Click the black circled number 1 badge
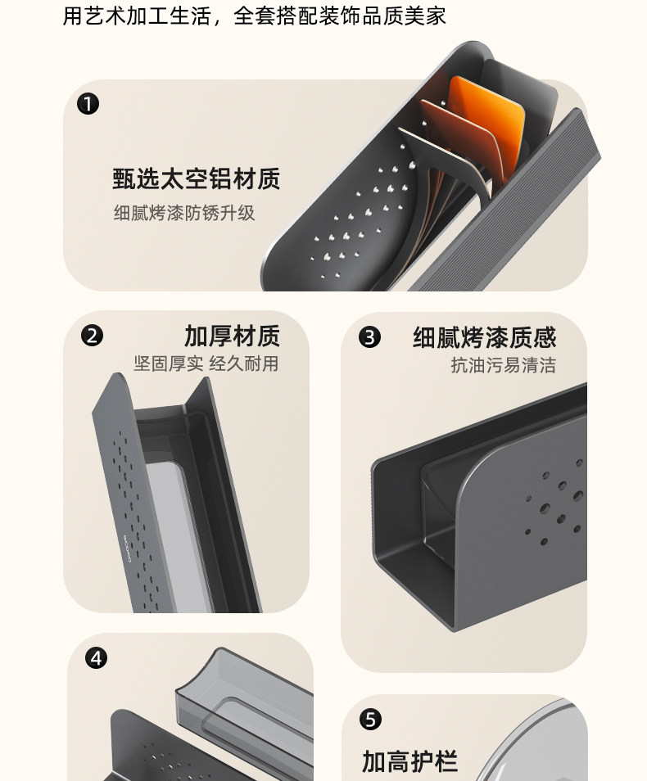(88, 104)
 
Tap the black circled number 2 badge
(93, 335)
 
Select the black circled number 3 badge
(369, 337)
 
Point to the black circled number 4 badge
(96, 658)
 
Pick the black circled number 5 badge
(370, 720)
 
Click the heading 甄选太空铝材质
(197, 178)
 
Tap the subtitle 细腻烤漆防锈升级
(184, 213)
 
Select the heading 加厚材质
(233, 336)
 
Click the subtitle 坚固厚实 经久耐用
(206, 363)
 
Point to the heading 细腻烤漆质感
(485, 337)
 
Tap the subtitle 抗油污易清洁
(504, 365)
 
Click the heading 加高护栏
(409, 761)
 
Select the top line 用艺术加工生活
(137, 16)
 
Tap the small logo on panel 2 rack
(127, 549)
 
